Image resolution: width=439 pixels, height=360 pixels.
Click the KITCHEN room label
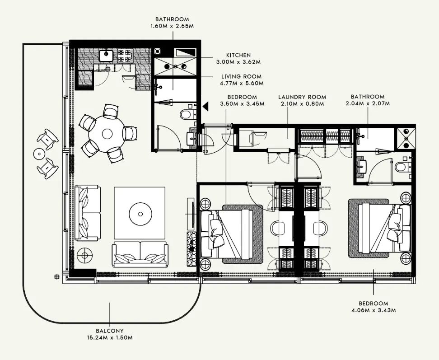(x=238, y=55)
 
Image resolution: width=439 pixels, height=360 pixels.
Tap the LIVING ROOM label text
(x=241, y=76)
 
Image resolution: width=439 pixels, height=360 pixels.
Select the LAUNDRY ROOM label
(x=302, y=97)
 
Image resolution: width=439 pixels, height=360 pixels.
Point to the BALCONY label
(x=109, y=331)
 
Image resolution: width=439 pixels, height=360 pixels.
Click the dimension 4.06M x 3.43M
(x=374, y=310)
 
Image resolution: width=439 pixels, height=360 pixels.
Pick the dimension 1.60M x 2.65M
(x=172, y=26)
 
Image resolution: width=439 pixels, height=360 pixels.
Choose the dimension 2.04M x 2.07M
(x=368, y=103)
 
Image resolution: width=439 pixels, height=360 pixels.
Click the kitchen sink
(x=106, y=55)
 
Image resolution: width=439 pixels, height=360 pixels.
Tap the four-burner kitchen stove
(x=125, y=56)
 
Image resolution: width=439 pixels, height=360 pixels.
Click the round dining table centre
(x=107, y=134)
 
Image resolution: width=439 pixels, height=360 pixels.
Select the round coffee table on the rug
(x=140, y=214)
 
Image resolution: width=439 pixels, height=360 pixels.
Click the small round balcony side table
(x=39, y=154)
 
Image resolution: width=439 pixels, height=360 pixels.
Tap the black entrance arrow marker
(x=206, y=106)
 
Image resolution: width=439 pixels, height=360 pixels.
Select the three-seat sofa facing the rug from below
(x=140, y=254)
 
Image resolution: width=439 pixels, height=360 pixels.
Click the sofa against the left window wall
(x=88, y=212)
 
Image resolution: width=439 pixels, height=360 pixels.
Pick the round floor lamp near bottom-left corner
(x=84, y=255)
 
